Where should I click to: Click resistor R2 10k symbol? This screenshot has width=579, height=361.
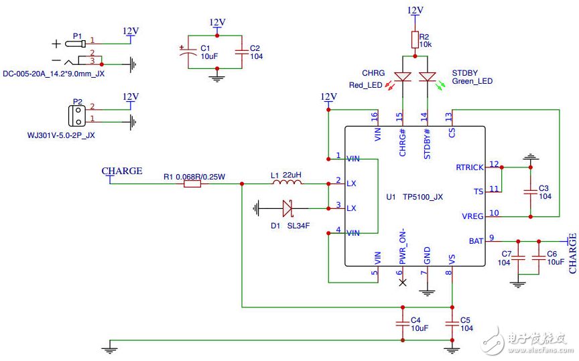[415, 40]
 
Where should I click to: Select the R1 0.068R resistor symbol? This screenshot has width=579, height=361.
[192, 184]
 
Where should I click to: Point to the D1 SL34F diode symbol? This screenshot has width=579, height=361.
[287, 208]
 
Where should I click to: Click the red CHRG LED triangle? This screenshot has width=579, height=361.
[403, 77]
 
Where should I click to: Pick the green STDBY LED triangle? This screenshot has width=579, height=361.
[428, 77]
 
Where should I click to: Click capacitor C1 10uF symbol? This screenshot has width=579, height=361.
[188, 52]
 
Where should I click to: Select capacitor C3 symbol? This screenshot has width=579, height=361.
[531, 192]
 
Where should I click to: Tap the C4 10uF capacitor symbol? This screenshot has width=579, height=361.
[403, 323]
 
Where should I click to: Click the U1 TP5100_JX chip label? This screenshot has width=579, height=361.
[414, 197]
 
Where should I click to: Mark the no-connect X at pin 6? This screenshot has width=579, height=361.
[403, 283]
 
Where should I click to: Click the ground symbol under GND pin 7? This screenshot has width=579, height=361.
[428, 293]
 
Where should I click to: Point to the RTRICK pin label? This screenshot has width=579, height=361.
[469, 167]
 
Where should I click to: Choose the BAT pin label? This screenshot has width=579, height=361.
[476, 241]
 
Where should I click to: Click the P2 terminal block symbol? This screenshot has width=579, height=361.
[77, 116]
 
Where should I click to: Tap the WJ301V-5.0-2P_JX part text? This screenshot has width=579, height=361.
[61, 135]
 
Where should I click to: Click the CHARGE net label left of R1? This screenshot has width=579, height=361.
[122, 171]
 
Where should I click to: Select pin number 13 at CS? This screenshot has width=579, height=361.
[448, 117]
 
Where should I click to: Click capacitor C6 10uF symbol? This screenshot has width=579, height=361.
[539, 258]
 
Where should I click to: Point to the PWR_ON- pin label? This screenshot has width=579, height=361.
[403, 246]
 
